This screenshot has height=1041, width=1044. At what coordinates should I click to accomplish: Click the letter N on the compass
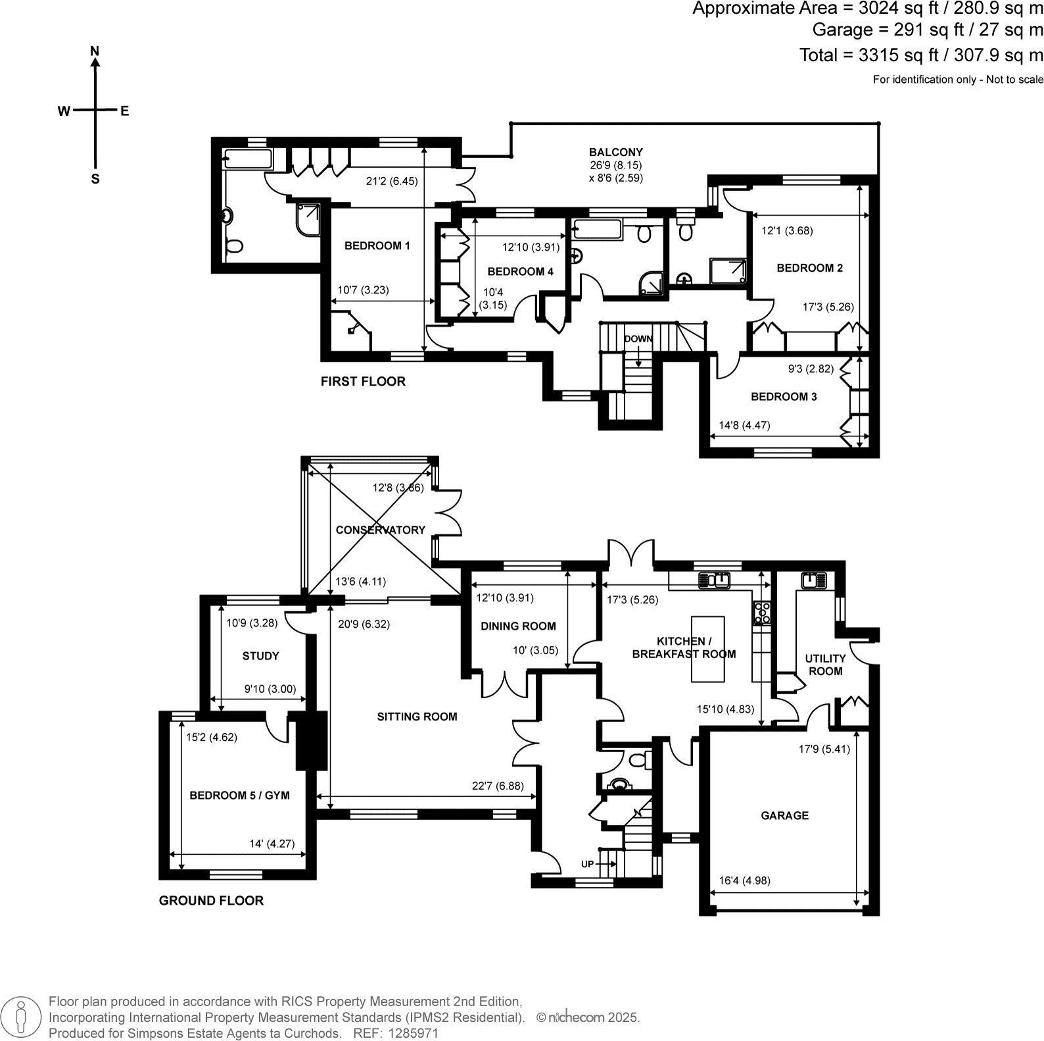pos(95,51)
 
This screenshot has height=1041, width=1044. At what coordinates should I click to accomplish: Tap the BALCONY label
pos(615,152)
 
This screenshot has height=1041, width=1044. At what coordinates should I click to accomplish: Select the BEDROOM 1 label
pos(377,245)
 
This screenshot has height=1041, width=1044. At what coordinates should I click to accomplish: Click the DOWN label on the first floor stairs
pos(638,339)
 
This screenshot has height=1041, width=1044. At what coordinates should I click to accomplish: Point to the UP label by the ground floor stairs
pos(588,863)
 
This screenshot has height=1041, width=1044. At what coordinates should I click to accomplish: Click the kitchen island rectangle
pos(707,649)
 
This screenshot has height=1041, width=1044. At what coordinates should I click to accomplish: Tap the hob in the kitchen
pos(762,613)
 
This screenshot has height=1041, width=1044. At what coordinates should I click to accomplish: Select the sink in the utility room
pos(814,580)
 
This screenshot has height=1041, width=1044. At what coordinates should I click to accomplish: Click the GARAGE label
pos(784,815)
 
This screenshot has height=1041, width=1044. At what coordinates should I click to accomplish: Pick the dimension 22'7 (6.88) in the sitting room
pos(498,786)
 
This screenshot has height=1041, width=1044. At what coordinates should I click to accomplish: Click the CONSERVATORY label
pos(380,530)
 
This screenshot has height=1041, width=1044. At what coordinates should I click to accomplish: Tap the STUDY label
pos(260,656)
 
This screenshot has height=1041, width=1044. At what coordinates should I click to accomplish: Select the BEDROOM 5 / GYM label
pos(239,796)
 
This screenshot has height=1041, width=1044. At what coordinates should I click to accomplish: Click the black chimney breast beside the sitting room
pos(312,740)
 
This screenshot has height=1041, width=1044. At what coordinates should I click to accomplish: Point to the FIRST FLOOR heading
pos(363,382)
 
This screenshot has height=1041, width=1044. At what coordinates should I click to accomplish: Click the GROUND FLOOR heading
pos(211,901)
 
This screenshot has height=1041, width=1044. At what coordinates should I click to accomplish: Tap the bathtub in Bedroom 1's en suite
pos(247,159)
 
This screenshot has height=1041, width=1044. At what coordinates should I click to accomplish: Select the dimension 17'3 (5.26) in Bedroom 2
pos(828,307)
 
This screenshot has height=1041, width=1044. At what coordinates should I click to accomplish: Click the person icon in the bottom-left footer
pos(22,1017)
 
